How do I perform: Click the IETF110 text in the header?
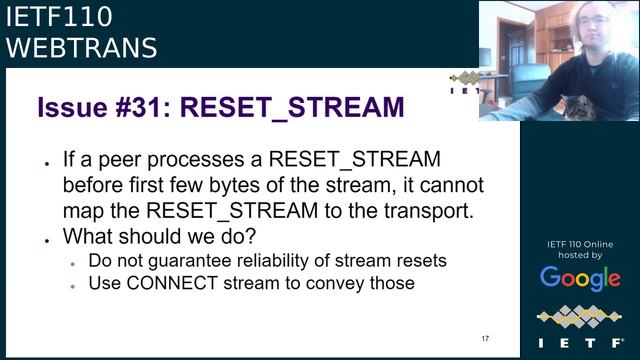pyautogui.click(x=59, y=17)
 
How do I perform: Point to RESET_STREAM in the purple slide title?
pyautogui.click(x=292, y=108)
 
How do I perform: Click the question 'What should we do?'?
pyautogui.click(x=158, y=237)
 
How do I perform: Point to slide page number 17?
pyautogui.click(x=485, y=339)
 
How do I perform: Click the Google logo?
pyautogui.click(x=580, y=278)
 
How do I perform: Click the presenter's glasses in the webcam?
pyautogui.click(x=592, y=20)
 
